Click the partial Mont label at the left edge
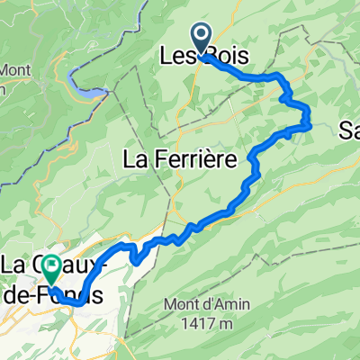(x=13, y=70)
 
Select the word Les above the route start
(x=178, y=57)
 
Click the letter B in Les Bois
(x=209, y=57)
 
